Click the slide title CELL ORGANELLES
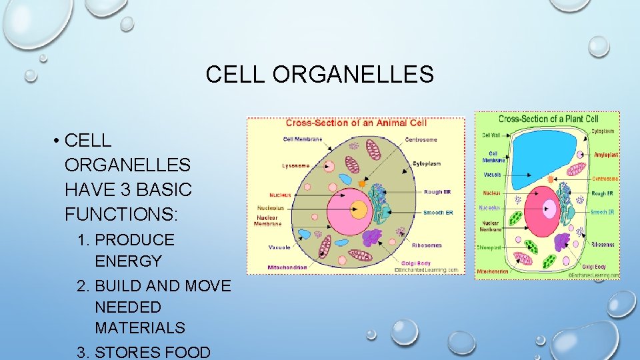click(x=319, y=74)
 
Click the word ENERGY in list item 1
click(x=128, y=261)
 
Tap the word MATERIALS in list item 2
click(x=140, y=328)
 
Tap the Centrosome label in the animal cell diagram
click(x=421, y=140)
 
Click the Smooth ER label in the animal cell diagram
click(x=438, y=213)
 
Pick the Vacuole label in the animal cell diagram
click(x=279, y=247)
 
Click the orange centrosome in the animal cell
click(x=362, y=182)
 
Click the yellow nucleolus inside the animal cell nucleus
click(x=359, y=209)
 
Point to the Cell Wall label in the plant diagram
click(x=492, y=135)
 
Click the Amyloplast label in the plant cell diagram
click(x=605, y=155)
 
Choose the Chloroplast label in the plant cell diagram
click(x=489, y=248)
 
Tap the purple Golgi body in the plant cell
click(x=563, y=241)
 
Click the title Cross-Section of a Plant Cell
click(x=547, y=119)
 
